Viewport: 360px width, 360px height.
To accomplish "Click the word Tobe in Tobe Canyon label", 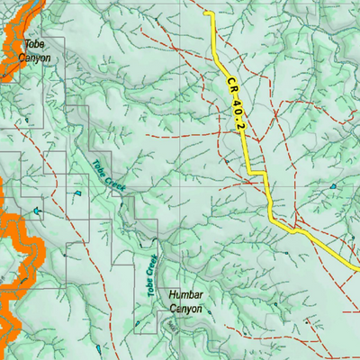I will tap(35, 45).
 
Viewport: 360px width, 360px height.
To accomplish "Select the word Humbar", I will tap(189, 294).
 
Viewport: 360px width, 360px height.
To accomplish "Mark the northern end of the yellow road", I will tap(208, 13).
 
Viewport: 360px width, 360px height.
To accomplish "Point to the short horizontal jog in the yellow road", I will tap(258, 171).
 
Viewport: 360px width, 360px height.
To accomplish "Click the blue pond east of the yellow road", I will tap(334, 186).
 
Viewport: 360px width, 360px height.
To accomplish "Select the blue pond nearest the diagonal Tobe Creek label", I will tap(78, 193).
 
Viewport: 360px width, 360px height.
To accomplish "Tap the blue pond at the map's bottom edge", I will tap(96, 348).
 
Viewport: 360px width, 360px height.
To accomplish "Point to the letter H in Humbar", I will tap(172, 294).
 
